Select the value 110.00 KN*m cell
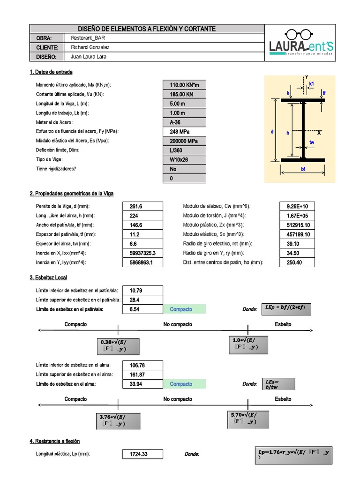[x=184, y=85]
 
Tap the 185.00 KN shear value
[x=184, y=95]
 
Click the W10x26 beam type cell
[x=184, y=159]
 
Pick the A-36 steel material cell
[x=184, y=122]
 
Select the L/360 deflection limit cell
[x=184, y=150]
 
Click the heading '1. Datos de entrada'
[x=51, y=72]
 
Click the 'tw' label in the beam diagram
[x=312, y=142]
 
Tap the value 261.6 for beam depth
[x=143, y=207]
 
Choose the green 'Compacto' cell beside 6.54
[x=184, y=309]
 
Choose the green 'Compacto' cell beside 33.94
[x=184, y=384]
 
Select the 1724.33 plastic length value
[x=143, y=454]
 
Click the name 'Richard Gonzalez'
[x=92, y=47]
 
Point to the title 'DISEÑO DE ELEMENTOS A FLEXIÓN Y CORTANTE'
[x=147, y=29]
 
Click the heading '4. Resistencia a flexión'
[x=54, y=441]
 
